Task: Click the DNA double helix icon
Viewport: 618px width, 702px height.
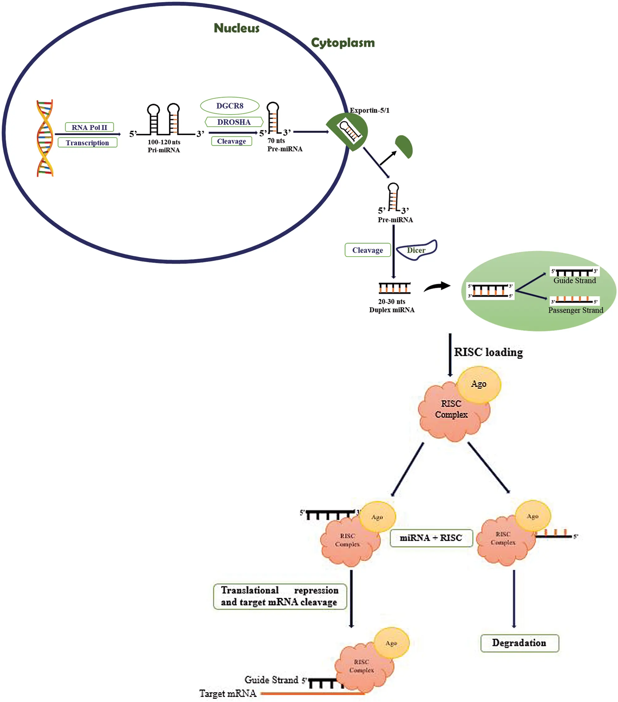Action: tap(45, 138)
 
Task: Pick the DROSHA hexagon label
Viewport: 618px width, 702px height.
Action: tap(234, 122)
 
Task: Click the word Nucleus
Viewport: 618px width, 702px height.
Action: tap(237, 28)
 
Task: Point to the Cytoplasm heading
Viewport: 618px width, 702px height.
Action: tap(343, 43)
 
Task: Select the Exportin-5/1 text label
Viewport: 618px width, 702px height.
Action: tap(370, 110)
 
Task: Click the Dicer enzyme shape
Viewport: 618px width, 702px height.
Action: tap(417, 250)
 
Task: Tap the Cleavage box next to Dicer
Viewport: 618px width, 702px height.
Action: tap(368, 250)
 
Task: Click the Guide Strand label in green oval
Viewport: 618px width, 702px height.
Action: tap(575, 281)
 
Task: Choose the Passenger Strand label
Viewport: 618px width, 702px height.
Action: tap(576, 310)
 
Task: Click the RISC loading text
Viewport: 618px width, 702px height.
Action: tap(489, 352)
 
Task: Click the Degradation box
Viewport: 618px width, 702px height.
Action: tap(519, 643)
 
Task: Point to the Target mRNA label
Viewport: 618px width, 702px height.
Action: tap(228, 693)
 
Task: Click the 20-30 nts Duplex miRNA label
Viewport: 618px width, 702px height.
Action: tap(392, 306)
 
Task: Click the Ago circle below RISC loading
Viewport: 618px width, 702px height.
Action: tap(479, 384)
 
